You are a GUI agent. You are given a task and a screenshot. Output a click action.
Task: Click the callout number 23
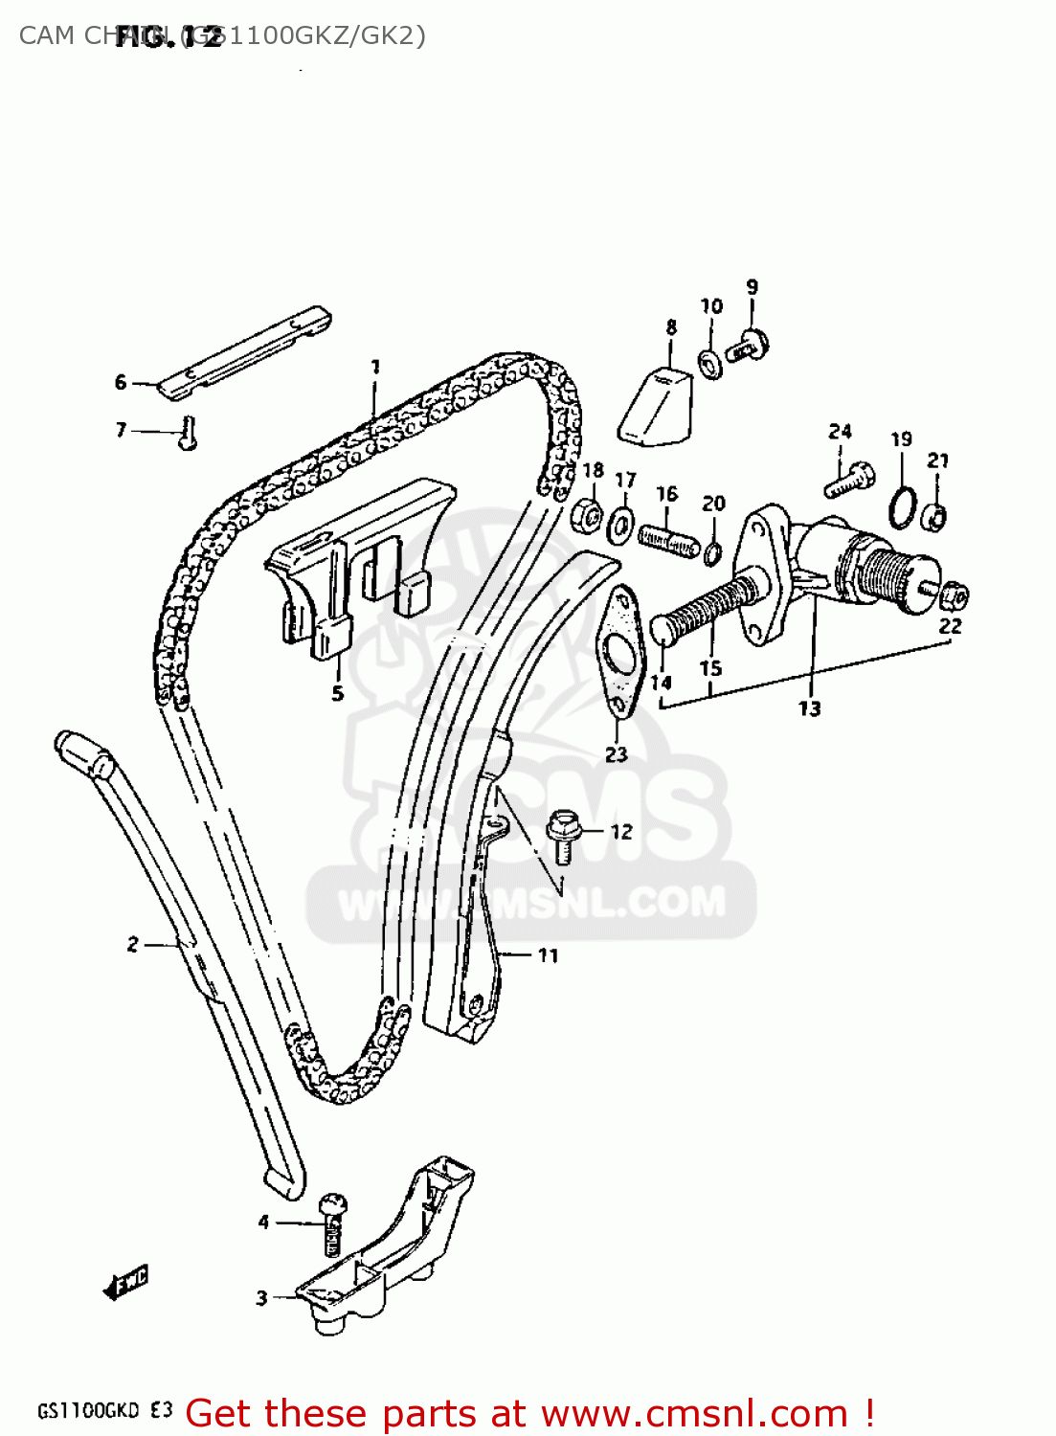click(616, 754)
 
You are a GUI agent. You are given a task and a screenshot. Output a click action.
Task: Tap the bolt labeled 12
click(563, 834)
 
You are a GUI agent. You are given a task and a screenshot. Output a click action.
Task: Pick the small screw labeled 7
click(189, 434)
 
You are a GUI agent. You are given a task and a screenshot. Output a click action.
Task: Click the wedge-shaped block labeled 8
click(656, 408)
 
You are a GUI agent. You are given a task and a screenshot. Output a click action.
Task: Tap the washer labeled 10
click(710, 364)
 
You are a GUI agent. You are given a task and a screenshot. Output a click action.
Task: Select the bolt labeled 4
click(331, 1223)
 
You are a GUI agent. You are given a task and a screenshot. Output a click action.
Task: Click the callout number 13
click(809, 708)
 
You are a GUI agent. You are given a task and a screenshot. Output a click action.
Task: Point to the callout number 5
click(337, 692)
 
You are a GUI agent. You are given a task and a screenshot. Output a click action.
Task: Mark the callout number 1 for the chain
click(375, 366)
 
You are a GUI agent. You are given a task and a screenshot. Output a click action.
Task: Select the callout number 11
click(547, 954)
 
